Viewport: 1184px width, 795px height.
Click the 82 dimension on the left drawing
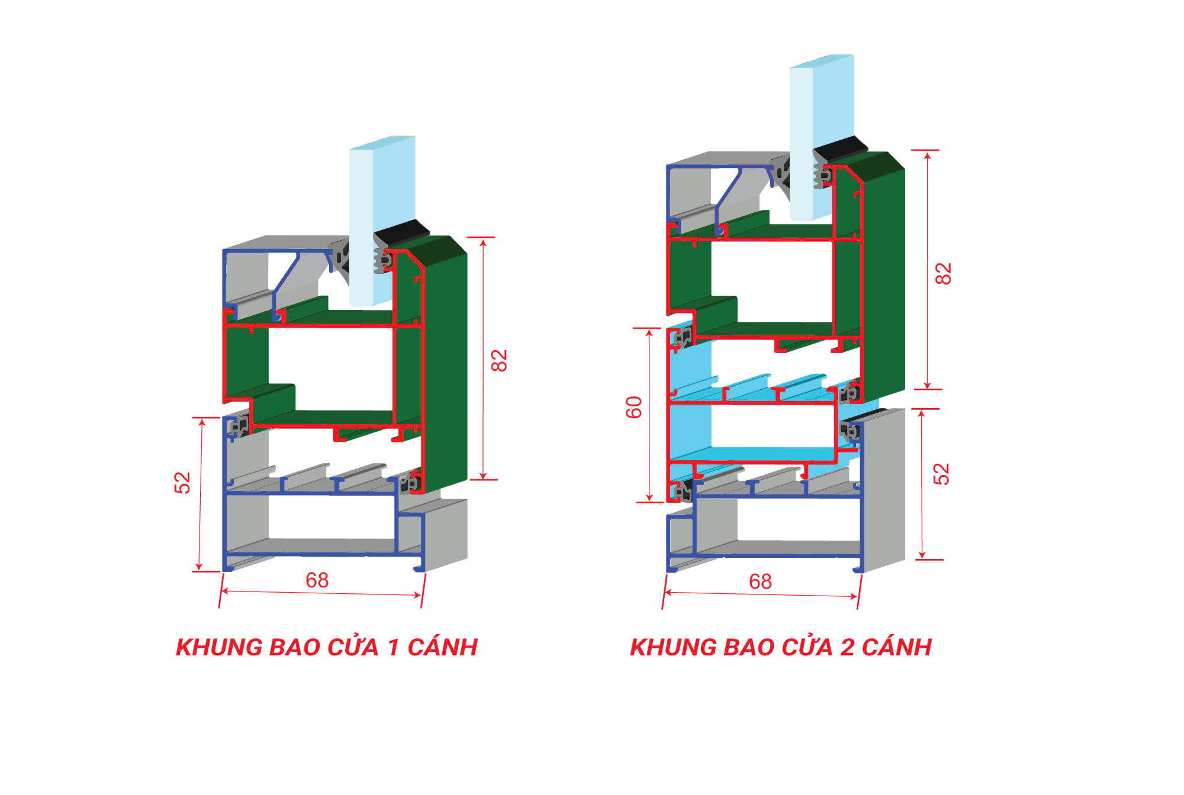coord(499,360)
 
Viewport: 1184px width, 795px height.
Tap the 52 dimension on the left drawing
coord(182,483)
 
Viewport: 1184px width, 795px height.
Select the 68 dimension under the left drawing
coord(317,580)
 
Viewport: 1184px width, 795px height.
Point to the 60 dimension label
coord(634,408)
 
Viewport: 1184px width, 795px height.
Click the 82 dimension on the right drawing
coord(943,274)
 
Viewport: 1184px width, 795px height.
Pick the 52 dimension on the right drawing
coord(941,474)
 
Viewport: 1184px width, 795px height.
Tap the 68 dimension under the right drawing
coord(761,582)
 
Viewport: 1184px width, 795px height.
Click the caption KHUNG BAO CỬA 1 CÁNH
coord(327,647)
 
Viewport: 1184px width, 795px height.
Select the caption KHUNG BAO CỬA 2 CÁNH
coord(781,647)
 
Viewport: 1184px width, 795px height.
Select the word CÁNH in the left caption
coord(443,647)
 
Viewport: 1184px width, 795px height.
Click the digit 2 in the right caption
coord(847,647)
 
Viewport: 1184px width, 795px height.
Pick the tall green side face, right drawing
coord(883,278)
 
